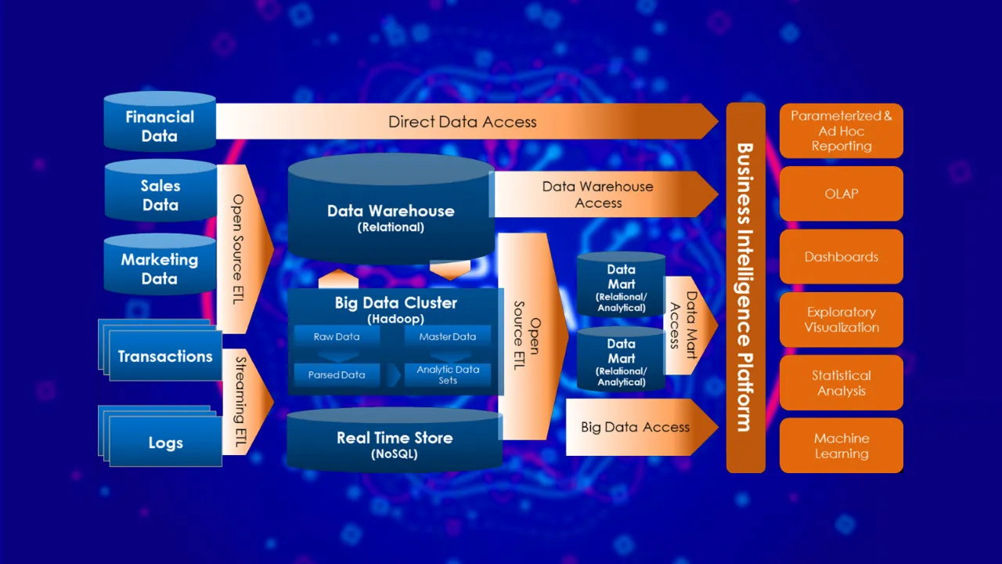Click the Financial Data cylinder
(160, 126)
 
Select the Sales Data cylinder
(160, 195)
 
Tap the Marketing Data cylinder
(160, 269)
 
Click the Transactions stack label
(165, 356)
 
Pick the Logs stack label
(165, 443)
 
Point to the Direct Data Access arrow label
(463, 121)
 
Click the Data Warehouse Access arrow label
(598, 194)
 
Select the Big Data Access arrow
(636, 427)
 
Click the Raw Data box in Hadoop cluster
(337, 337)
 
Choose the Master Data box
(448, 337)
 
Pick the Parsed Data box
(337, 374)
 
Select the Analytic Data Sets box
(448, 374)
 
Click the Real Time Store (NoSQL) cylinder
(395, 444)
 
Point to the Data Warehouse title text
(391, 211)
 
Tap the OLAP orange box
(842, 193)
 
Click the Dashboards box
(842, 257)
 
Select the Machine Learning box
(842, 446)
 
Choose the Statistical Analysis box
(842, 383)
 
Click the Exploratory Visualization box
(842, 320)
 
